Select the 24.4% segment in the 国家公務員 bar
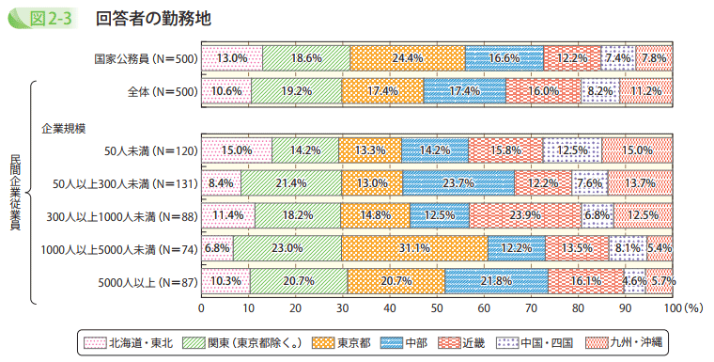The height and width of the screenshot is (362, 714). tap(407, 57)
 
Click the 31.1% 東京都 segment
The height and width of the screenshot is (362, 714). tap(414, 248)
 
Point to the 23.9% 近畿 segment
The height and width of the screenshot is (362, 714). tap(524, 215)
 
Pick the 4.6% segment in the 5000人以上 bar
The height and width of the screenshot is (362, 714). tap(634, 280)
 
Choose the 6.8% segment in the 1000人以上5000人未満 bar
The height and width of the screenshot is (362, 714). tap(217, 248)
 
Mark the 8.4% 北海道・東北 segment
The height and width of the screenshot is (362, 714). tap(221, 182)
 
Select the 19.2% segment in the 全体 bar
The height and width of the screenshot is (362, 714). tap(296, 90)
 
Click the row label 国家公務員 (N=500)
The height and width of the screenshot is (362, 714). tap(145, 58)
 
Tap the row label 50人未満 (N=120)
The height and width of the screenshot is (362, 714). tap(150, 150)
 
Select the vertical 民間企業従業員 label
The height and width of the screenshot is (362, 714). tap(16, 192)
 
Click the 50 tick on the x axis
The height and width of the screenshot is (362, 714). tap(437, 307)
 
